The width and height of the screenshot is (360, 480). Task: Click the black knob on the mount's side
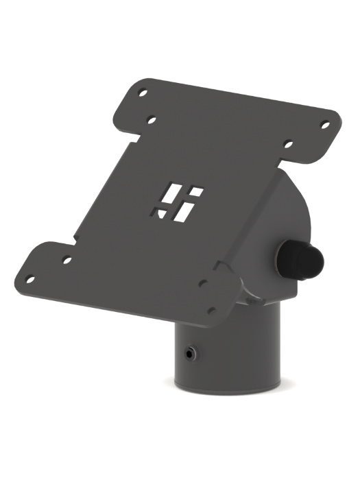pyautogui.click(x=300, y=259)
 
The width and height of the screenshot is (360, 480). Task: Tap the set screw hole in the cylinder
pyautogui.click(x=188, y=355)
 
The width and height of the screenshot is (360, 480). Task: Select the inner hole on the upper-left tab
pyautogui.click(x=152, y=120)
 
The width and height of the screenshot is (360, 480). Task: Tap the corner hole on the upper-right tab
pyautogui.click(x=326, y=125)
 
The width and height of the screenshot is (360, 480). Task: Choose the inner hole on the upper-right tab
pyautogui.click(x=289, y=145)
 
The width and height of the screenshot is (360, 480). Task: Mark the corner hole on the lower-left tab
pyautogui.click(x=30, y=279)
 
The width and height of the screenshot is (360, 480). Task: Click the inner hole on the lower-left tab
pyautogui.click(x=67, y=260)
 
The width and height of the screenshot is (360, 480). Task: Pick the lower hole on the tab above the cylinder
pyautogui.click(x=212, y=310)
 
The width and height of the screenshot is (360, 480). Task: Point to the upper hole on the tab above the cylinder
pyautogui.click(x=202, y=283)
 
